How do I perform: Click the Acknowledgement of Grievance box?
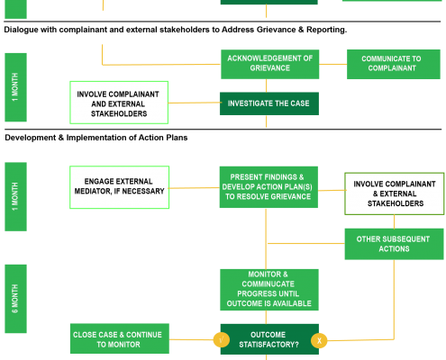pyautogui.click(x=269, y=64)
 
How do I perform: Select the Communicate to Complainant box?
pyautogui.click(x=394, y=64)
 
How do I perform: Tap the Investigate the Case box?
pyautogui.click(x=269, y=103)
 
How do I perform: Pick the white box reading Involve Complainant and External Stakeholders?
pyautogui.click(x=119, y=103)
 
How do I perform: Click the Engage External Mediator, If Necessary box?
pyautogui.click(x=119, y=187)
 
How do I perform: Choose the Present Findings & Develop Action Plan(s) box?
pyautogui.click(x=269, y=187)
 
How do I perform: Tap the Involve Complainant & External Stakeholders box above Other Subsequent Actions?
pyautogui.click(x=395, y=193)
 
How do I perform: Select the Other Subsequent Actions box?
pyautogui.click(x=394, y=244)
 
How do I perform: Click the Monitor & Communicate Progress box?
pyautogui.click(x=269, y=290)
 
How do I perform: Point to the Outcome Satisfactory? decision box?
pyautogui.click(x=269, y=339)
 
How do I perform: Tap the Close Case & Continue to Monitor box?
pyautogui.click(x=120, y=338)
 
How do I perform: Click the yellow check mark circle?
pyautogui.click(x=222, y=340)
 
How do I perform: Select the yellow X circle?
pyautogui.click(x=319, y=340)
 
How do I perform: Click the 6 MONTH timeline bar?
pyautogui.click(x=15, y=299)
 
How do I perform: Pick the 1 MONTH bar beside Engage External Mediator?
pyautogui.click(x=15, y=196)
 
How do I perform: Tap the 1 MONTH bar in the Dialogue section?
pyautogui.click(x=15, y=87)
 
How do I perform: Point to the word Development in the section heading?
pyautogui.click(x=31, y=138)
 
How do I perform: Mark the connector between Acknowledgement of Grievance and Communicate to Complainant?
pyautogui.click(x=332, y=64)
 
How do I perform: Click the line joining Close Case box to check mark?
pyautogui.click(x=191, y=339)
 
